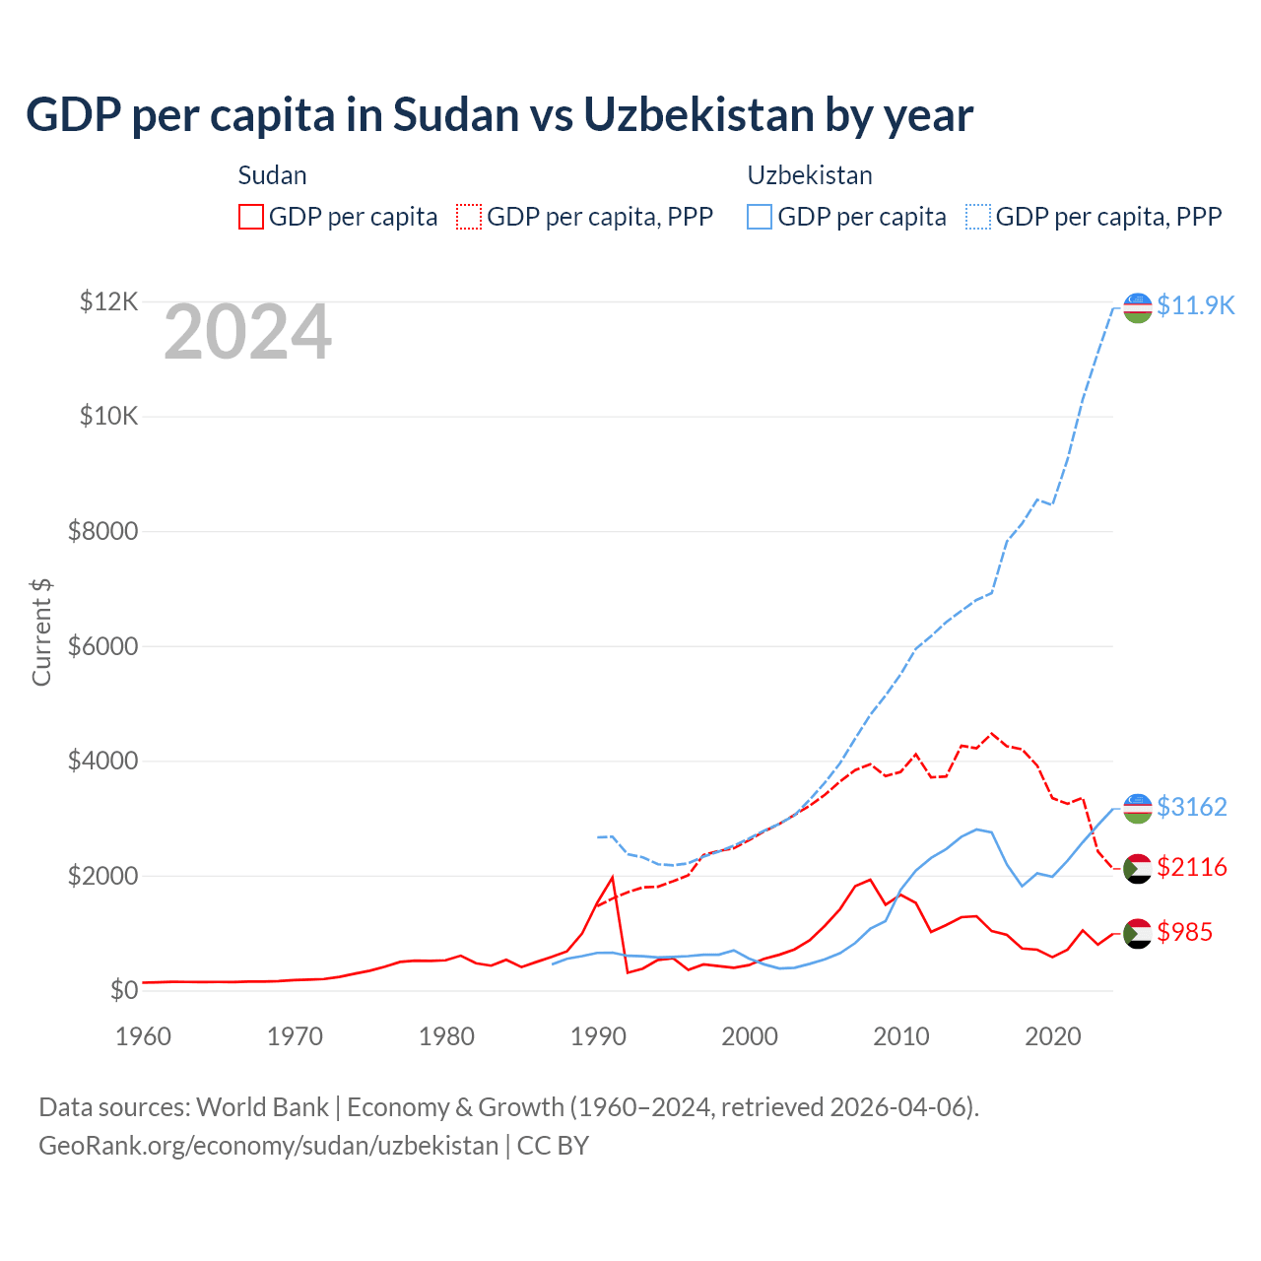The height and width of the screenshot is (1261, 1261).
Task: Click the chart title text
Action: tap(499, 115)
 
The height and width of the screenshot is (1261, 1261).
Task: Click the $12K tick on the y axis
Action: tap(108, 301)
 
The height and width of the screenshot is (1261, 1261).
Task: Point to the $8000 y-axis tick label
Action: tap(102, 532)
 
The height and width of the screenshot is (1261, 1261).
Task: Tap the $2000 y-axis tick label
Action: tap(102, 876)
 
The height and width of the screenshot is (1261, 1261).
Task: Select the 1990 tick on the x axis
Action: tap(598, 1036)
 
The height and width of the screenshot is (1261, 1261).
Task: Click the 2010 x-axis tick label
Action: tap(901, 1036)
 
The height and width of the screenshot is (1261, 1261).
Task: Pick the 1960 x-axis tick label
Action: tap(144, 1036)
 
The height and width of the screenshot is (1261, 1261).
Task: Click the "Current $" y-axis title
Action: tap(41, 631)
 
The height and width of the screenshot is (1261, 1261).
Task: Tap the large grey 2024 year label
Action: tap(247, 333)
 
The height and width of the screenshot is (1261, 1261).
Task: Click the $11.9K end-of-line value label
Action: tap(1195, 305)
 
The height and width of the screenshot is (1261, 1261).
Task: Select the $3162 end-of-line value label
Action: tap(1191, 807)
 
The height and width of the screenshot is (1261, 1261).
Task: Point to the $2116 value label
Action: tap(1191, 867)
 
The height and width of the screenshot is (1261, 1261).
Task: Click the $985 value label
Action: tap(1184, 932)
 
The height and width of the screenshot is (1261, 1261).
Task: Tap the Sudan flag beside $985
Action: tap(1138, 933)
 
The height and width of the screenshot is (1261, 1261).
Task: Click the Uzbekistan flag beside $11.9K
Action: tap(1138, 307)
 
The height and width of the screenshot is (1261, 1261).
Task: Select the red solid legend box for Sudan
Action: tap(251, 217)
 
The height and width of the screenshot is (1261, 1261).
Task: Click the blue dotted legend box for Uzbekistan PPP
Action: tap(978, 217)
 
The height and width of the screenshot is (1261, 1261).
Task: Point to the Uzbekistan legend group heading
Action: tap(810, 175)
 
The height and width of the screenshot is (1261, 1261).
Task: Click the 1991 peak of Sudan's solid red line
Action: tap(612, 877)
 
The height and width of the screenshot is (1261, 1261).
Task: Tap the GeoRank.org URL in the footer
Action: tap(268, 1146)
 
